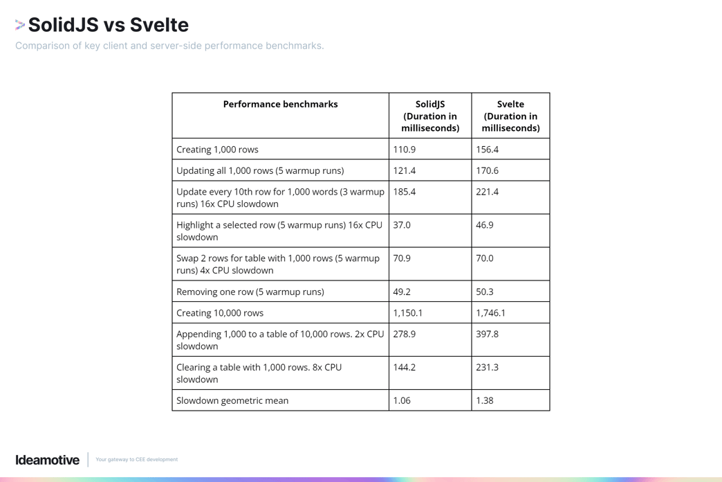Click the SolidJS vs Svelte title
[x=109, y=25]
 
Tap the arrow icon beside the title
[x=20, y=26]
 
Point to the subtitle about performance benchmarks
[x=169, y=46]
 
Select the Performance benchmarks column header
[x=280, y=105]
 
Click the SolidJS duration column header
[x=430, y=116]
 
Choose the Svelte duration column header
[x=510, y=116]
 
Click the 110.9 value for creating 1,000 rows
[x=405, y=150]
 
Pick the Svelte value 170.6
[x=487, y=170]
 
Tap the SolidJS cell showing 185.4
[x=405, y=192]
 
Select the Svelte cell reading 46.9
[x=485, y=225]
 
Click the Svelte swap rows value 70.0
[x=485, y=258]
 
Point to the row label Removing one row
[x=250, y=292]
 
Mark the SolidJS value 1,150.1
[x=408, y=313]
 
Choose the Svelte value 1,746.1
[x=491, y=313]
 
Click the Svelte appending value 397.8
[x=487, y=334]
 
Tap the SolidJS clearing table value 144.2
[x=405, y=367]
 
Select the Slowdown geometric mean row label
[x=232, y=400]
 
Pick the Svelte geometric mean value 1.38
[x=485, y=400]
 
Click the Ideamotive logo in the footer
[x=48, y=460]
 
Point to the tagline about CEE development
[x=136, y=460]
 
